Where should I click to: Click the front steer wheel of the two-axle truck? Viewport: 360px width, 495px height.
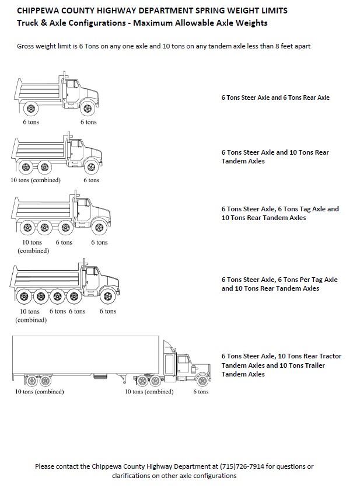tap(88, 108)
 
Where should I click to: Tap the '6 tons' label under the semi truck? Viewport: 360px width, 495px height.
tap(201, 392)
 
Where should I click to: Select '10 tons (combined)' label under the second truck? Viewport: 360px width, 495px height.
tap(35, 180)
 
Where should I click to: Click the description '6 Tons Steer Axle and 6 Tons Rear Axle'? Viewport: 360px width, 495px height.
tap(275, 97)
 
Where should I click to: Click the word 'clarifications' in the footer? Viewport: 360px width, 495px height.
tap(132, 476)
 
